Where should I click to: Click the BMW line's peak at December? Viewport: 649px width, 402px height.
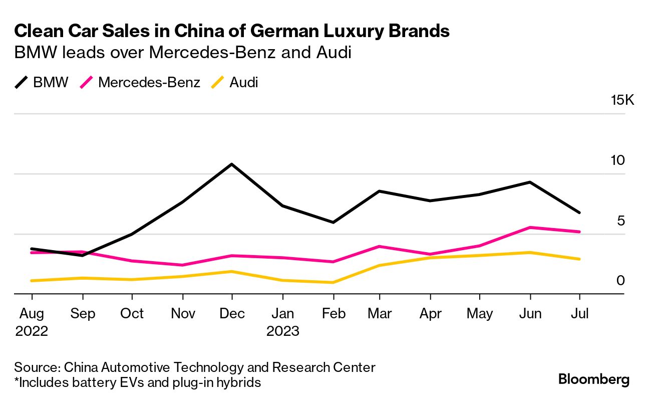[231, 164]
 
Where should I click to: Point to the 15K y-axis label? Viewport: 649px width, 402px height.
[622, 100]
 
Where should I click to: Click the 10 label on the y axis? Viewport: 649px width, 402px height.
[618, 160]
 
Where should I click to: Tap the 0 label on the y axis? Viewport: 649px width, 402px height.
[621, 280]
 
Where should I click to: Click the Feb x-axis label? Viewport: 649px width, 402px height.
[333, 314]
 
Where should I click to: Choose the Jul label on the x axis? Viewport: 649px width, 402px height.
[579, 314]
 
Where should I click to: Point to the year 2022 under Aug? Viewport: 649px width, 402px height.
[32, 331]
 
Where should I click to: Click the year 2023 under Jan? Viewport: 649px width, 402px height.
[282, 331]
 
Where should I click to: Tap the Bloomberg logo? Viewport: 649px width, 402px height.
[594, 379]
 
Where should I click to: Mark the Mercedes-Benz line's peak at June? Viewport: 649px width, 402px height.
[530, 228]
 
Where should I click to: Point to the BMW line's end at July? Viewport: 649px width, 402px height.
[579, 213]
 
